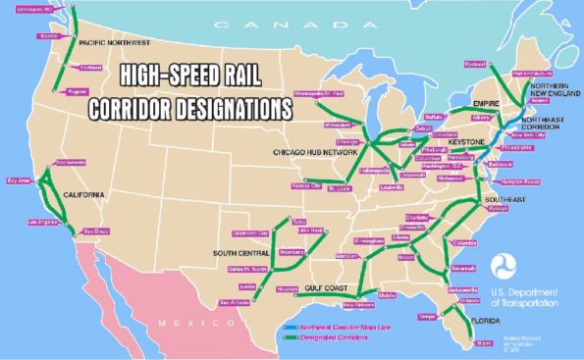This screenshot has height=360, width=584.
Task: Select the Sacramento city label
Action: point(44,162)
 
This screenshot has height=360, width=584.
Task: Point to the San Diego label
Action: point(94,231)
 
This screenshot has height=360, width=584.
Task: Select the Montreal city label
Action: point(475,64)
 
